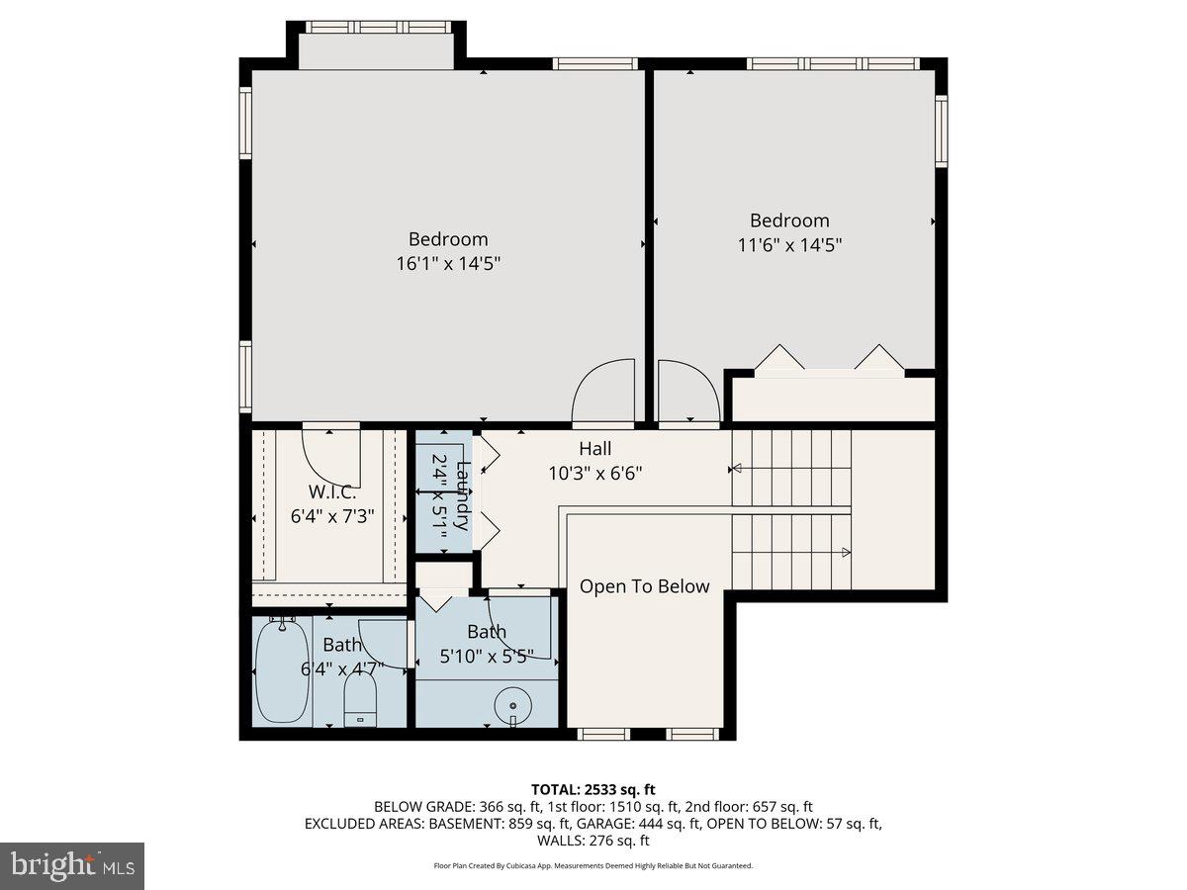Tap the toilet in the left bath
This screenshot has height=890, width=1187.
(362, 701)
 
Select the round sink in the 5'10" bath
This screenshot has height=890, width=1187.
(512, 705)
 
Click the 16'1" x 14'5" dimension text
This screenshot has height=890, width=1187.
(448, 263)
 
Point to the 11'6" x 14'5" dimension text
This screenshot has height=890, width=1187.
(788, 244)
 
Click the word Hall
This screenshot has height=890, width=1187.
(595, 449)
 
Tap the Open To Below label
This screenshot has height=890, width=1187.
(644, 586)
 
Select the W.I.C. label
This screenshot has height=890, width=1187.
(332, 491)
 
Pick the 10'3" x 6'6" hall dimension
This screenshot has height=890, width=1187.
(595, 473)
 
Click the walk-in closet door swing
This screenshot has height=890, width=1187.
(330, 456)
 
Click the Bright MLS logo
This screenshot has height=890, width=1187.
(72, 866)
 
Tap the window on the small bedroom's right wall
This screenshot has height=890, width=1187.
(942, 131)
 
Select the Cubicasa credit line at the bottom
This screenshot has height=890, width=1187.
(593, 865)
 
